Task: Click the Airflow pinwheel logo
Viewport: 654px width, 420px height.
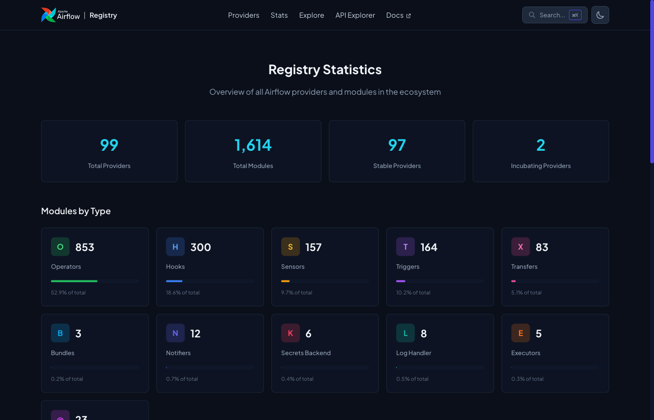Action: click(48, 15)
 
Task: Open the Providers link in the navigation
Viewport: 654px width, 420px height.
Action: click(243, 15)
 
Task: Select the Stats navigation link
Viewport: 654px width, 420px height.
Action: click(279, 15)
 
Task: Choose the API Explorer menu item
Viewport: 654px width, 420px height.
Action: click(355, 15)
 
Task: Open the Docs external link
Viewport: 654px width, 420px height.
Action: click(398, 15)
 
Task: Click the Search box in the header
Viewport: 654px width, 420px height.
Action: click(554, 15)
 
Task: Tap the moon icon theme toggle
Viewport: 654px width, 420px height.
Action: click(600, 15)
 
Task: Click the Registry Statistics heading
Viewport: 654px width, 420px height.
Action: click(325, 70)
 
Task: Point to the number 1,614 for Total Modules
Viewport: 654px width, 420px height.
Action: click(253, 145)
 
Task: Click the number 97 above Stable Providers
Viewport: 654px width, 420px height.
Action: click(397, 145)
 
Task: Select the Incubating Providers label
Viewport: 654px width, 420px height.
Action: click(540, 166)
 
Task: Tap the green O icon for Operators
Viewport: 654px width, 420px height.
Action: click(60, 247)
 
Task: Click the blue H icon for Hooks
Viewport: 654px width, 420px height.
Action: click(175, 247)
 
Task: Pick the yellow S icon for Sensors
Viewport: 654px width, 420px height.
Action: click(290, 247)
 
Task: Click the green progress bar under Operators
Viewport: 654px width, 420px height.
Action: click(74, 281)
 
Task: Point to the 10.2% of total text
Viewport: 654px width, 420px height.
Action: click(413, 293)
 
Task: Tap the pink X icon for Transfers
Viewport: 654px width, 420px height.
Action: click(520, 247)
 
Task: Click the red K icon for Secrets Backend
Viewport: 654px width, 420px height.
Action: click(290, 333)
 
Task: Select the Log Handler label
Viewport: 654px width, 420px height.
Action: click(413, 353)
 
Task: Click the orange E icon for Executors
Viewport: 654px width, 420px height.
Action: click(520, 333)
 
